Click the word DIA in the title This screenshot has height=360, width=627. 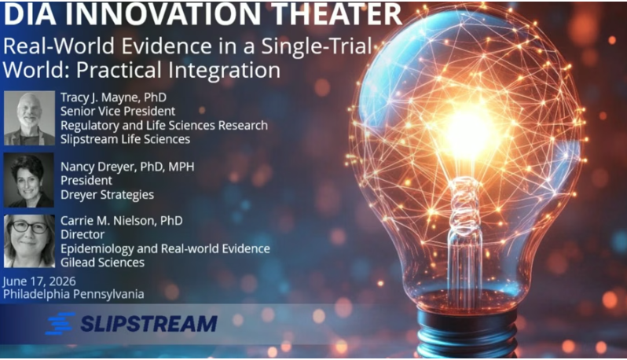[30, 13]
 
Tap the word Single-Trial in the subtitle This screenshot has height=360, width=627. [317, 46]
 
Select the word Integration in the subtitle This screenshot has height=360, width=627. [224, 70]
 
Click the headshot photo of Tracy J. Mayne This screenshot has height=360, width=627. [29, 118]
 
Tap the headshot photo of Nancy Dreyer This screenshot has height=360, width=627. [29, 180]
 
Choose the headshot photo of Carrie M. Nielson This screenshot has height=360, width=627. [29, 241]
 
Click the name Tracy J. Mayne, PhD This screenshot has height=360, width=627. [114, 97]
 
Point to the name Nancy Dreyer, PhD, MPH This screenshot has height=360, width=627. [127, 167]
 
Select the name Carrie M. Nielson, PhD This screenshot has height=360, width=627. [122, 221]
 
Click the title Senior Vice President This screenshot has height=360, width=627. [118, 111]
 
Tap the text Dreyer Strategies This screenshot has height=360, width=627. [107, 195]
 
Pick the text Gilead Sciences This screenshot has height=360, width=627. [102, 263]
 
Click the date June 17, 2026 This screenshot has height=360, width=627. [39, 281]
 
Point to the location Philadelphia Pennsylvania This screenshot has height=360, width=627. [74, 295]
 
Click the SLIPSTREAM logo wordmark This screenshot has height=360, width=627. [148, 324]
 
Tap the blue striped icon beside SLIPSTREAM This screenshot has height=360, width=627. [60, 323]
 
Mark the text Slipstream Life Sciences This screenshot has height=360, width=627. [125, 139]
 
